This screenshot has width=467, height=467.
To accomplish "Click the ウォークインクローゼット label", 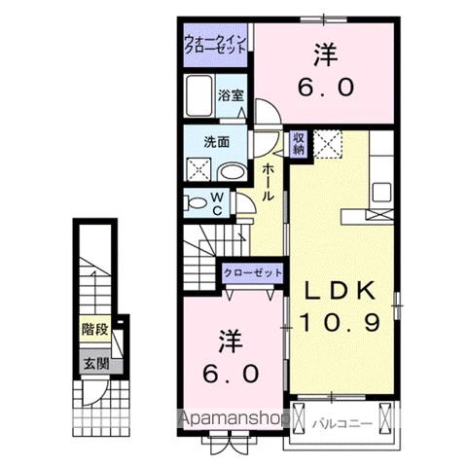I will click(x=216, y=45).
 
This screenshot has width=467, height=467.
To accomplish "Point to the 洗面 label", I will click(x=216, y=140).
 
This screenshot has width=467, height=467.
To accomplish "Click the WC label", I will click(x=220, y=204).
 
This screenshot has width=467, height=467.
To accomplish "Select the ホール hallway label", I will click(x=269, y=183).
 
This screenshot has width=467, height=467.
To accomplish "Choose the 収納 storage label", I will click(x=300, y=143).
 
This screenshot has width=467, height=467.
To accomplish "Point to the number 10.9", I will click(x=341, y=321).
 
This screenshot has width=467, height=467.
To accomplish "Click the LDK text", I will click(x=341, y=290).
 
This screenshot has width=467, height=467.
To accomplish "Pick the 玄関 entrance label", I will click(x=94, y=365).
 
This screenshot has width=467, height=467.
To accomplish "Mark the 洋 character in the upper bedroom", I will click(x=324, y=55).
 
